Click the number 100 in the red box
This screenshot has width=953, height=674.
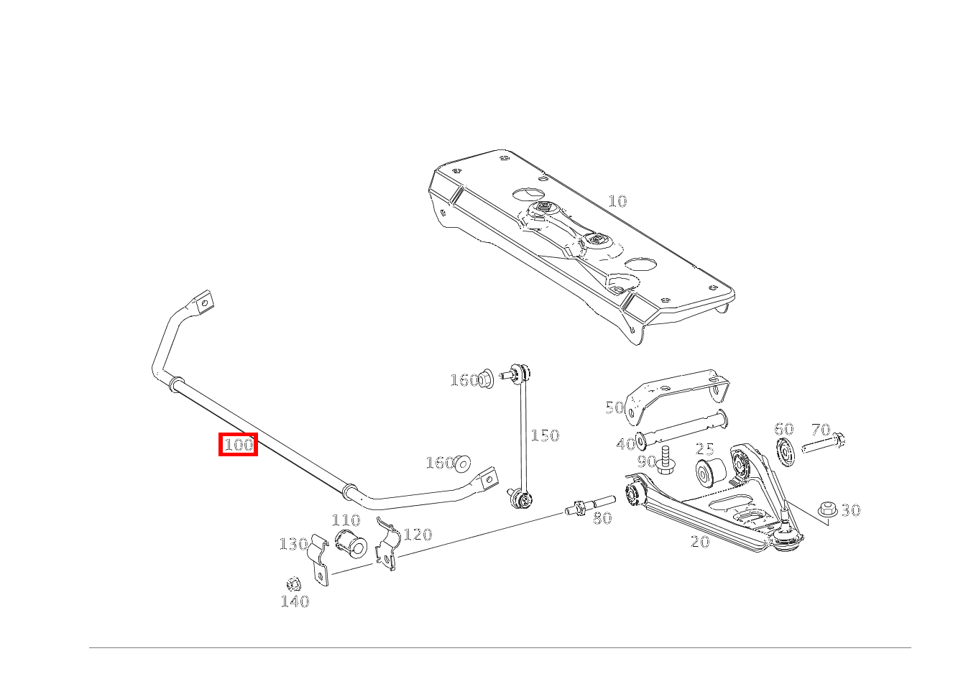239,445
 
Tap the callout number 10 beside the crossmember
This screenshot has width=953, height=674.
617,200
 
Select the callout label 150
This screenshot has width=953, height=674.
545,435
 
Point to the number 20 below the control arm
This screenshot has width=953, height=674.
700,541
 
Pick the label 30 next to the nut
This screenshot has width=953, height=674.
851,510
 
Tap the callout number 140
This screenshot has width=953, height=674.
295,601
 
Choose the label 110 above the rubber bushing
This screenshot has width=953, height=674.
346,520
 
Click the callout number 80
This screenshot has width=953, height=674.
602,518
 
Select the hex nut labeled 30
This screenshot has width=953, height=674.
827,509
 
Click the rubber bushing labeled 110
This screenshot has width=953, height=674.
351,545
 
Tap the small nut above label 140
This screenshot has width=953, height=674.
293,584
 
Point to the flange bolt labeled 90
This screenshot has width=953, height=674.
664,460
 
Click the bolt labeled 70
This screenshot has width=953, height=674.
823,443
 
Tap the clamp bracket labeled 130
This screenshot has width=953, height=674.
318,559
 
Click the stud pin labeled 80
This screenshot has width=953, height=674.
589,506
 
